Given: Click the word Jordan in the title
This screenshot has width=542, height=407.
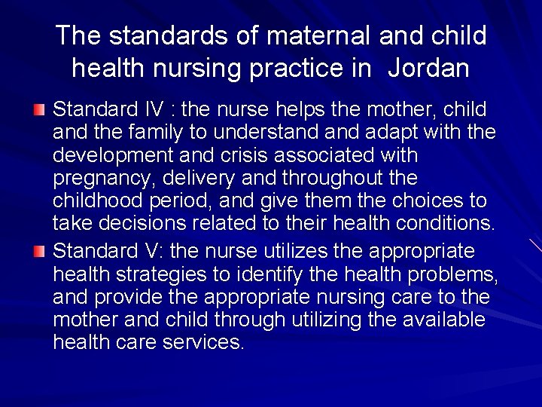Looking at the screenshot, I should tap(429, 69).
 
